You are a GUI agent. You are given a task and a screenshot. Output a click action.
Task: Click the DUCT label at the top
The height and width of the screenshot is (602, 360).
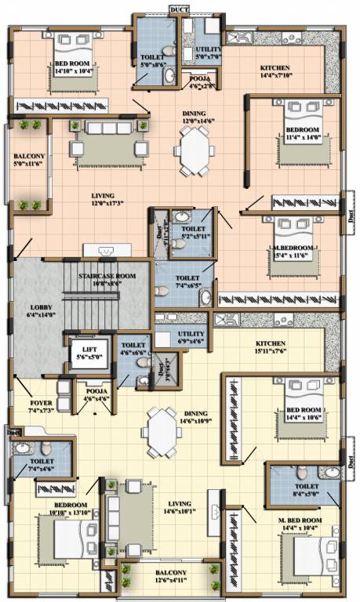click(178, 9)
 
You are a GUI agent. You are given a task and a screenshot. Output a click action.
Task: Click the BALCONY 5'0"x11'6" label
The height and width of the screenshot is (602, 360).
click(30, 161)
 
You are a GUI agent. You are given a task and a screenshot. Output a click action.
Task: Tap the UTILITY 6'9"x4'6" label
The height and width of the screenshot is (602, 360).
click(191, 338)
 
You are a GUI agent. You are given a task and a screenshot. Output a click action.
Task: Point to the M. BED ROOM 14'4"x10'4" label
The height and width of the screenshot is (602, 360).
click(300, 524)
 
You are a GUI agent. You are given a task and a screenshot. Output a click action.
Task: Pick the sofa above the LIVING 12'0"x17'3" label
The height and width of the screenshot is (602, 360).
click(109, 129)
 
